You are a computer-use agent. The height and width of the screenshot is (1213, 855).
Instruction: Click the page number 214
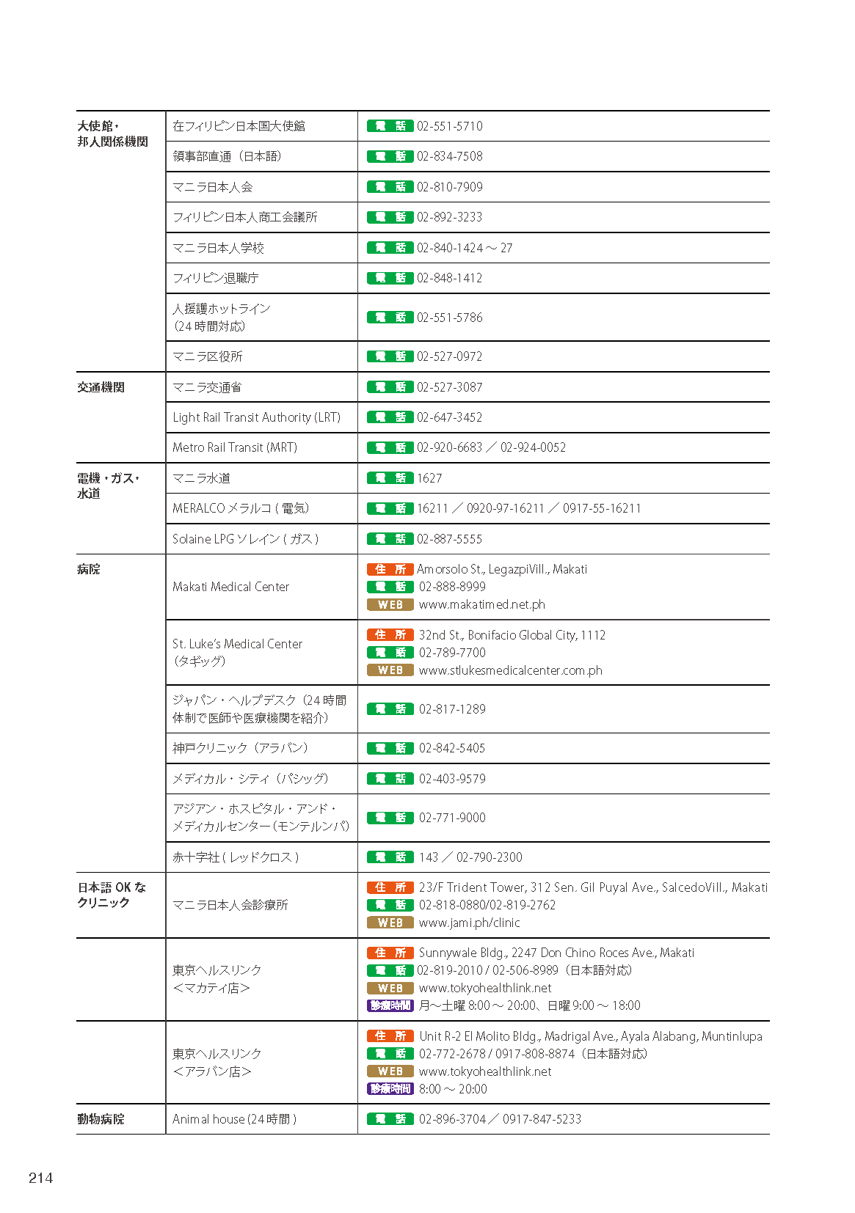(40, 1178)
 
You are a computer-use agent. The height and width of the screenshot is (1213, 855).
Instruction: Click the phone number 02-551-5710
(449, 126)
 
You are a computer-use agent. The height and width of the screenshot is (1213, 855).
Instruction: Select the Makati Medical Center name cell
(230, 587)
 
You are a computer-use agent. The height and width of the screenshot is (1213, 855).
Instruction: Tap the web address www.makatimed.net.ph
(481, 604)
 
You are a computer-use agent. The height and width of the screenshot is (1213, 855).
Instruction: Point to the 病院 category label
(89, 569)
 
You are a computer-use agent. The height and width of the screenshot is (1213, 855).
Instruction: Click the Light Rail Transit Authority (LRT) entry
(256, 417)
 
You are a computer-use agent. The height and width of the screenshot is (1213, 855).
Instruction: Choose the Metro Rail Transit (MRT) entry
(235, 447)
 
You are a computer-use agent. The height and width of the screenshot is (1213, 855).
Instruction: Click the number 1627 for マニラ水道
(429, 478)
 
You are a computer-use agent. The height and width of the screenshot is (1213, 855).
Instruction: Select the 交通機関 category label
(101, 387)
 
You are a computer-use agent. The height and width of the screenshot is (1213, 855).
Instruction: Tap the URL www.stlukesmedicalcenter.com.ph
(510, 670)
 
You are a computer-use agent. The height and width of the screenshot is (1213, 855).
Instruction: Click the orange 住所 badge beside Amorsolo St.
(390, 569)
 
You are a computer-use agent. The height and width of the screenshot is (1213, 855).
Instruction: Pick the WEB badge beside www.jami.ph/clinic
(390, 923)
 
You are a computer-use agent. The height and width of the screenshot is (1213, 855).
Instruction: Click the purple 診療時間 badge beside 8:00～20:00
(390, 1089)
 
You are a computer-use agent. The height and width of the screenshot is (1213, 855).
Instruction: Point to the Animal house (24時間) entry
(234, 1119)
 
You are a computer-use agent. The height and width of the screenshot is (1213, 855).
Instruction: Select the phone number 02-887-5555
(449, 539)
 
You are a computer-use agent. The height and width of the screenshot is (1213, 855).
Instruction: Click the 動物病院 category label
(101, 1119)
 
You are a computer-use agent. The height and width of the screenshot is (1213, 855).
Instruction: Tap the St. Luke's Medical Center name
(237, 644)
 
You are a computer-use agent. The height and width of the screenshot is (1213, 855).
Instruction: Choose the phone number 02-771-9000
(452, 818)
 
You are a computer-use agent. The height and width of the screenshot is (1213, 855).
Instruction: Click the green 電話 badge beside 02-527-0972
(390, 356)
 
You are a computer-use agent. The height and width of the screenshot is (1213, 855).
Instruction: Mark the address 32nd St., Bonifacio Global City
(512, 635)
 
